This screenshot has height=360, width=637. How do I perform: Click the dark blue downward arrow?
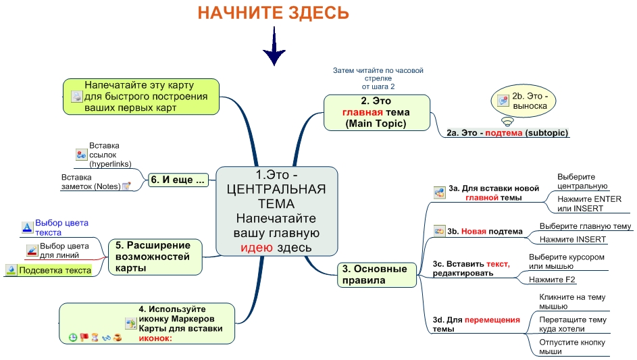pos(274,46)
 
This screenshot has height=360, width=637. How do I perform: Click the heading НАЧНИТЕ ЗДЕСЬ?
pos(274,13)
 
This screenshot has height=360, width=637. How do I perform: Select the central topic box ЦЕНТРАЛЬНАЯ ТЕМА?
pos(277,211)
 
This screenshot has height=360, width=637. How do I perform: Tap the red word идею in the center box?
pos(256,247)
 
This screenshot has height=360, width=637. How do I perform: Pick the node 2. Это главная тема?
pos(377,113)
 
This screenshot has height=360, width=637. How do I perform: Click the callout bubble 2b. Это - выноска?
pos(523,101)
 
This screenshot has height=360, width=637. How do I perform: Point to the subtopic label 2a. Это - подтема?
pos(507,133)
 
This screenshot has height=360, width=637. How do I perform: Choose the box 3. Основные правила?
pos(377,275)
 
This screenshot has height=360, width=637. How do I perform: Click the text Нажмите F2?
pos(552,280)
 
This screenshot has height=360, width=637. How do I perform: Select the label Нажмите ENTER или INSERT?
pos(589,203)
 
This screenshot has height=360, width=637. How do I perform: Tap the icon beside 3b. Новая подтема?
pos(439,231)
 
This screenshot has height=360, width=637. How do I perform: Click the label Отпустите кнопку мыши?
pos(572,346)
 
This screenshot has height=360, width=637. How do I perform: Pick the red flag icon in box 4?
pos(84,337)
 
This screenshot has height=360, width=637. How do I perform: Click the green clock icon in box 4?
pos(73,337)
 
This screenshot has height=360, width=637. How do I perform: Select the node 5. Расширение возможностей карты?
pos(155,257)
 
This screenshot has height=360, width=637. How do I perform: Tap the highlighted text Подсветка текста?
pos(55,270)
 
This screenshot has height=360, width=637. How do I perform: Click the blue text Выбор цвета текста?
pos(61,228)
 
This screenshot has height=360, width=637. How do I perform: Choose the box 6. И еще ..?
pos(178,180)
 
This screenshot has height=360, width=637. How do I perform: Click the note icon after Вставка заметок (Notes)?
pos(127,186)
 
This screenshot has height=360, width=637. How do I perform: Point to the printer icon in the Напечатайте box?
pos(77,97)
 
